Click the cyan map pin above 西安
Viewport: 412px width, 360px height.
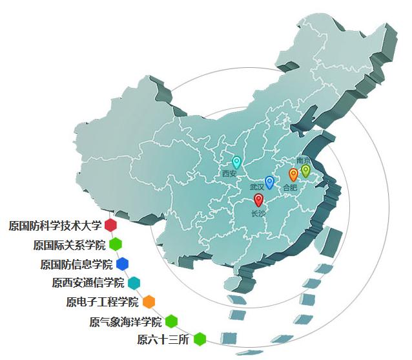pos(236,162)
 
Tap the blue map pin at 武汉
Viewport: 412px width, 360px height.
pos(270,182)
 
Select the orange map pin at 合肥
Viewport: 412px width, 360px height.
pos(293,175)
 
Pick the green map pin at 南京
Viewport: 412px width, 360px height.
pos(305,171)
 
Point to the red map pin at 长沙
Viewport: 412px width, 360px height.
pos(259,200)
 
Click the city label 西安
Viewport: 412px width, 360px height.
pos(229,174)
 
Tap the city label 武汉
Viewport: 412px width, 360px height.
pos(257,187)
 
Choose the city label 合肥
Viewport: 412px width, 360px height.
pos(290,187)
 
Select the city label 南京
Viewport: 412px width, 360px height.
pos(304,160)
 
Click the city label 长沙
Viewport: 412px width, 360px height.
pos(258,213)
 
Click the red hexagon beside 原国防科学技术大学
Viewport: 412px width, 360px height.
pos(110,226)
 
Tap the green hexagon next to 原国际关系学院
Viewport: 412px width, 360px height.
pos(116,244)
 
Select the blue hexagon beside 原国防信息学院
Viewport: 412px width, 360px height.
pos(122,264)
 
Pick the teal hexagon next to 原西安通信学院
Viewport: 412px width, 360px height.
pos(134,282)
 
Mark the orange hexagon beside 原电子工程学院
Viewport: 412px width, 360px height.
pos(149,302)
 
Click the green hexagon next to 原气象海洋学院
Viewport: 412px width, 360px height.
pos(171,321)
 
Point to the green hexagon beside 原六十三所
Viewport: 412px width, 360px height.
pos(200,339)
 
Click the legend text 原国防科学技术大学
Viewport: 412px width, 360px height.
pos(56,226)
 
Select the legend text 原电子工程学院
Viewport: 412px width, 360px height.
pos(102,302)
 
